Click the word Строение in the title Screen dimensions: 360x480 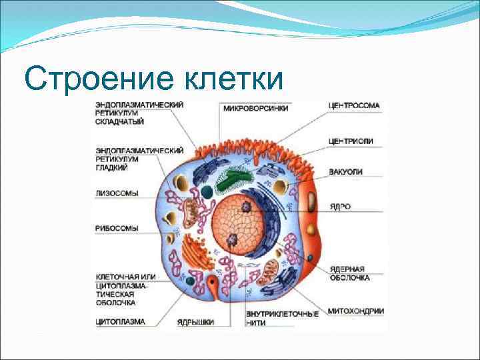[86, 79]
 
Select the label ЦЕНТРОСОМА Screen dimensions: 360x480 [354, 105]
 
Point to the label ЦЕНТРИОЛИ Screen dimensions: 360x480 [351, 141]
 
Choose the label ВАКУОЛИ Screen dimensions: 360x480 [346, 171]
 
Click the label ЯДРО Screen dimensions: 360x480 [340, 207]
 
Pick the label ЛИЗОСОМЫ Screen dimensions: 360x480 [117, 193]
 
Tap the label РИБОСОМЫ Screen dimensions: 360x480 [117, 227]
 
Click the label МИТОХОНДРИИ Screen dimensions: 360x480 [356, 311]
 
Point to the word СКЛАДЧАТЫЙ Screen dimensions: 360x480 [119, 121]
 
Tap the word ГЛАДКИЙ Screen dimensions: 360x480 [111, 167]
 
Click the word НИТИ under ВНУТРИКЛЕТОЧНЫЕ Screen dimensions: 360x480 [255, 323]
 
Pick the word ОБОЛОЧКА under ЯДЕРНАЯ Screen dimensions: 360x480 [349, 277]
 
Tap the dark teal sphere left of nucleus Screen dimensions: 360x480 [207, 192]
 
